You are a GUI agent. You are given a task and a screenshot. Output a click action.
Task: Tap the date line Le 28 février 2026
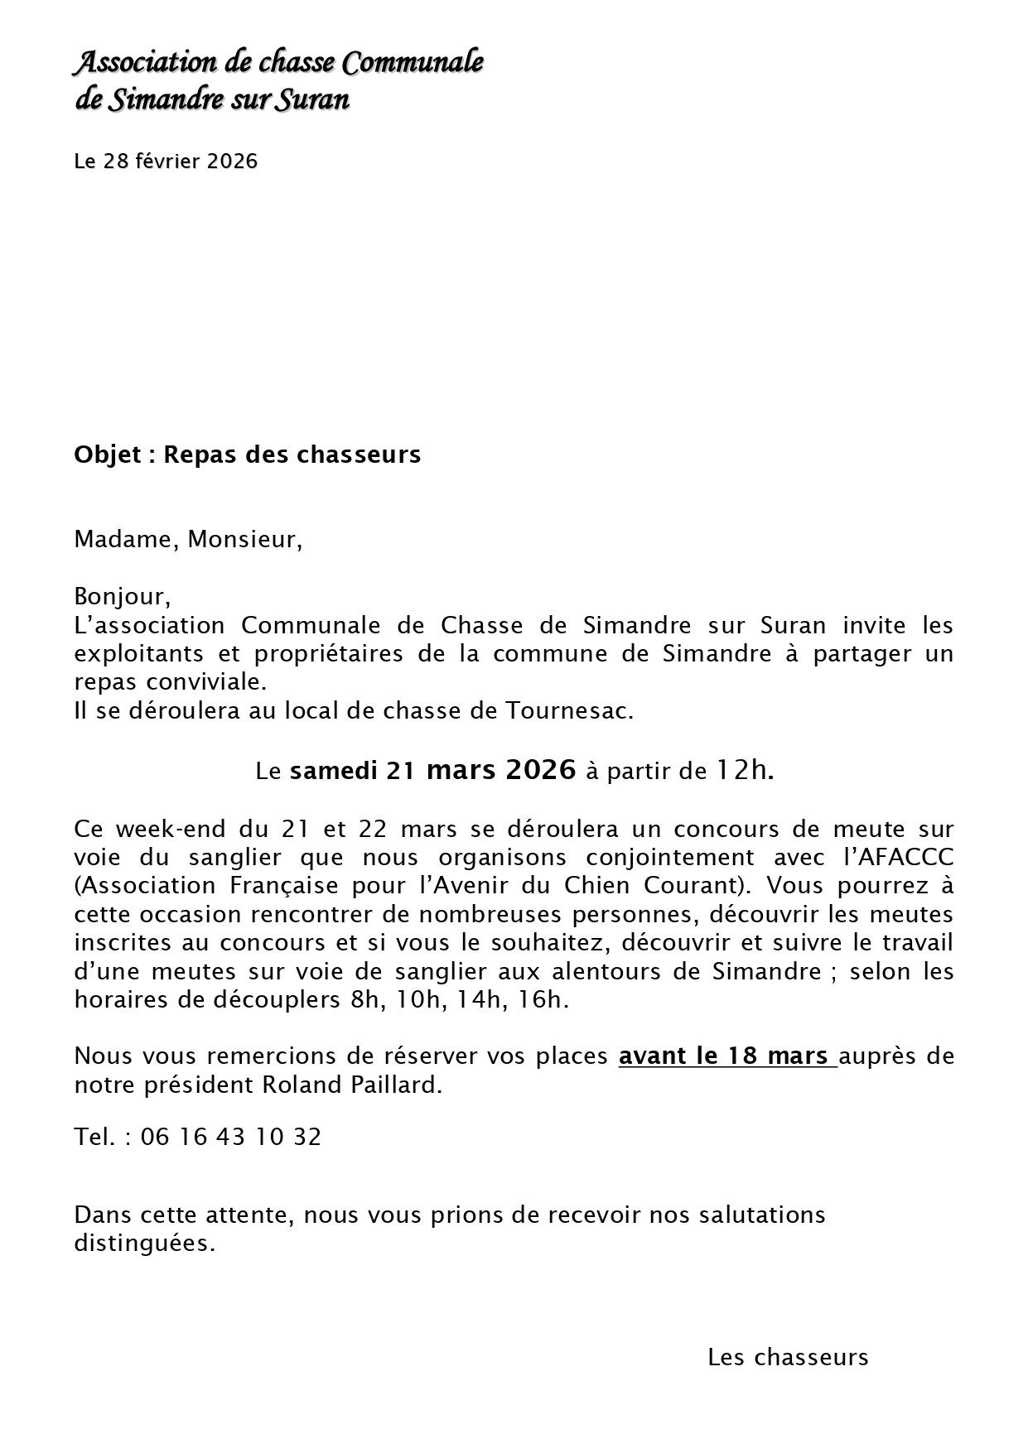(x=166, y=161)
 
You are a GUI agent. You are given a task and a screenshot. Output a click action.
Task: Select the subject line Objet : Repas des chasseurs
(x=248, y=455)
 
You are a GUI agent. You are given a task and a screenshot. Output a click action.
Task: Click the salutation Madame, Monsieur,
(x=188, y=540)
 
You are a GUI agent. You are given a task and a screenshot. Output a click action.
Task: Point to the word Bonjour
(x=121, y=596)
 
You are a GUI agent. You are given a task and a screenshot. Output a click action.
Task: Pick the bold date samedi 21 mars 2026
(x=432, y=771)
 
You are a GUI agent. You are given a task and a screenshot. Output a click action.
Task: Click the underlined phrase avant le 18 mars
(x=727, y=1056)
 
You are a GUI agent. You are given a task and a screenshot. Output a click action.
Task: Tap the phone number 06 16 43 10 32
(x=231, y=1137)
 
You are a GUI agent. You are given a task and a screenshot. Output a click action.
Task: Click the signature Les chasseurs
(x=788, y=1357)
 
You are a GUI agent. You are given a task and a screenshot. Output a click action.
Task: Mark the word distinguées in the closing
(x=143, y=1244)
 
